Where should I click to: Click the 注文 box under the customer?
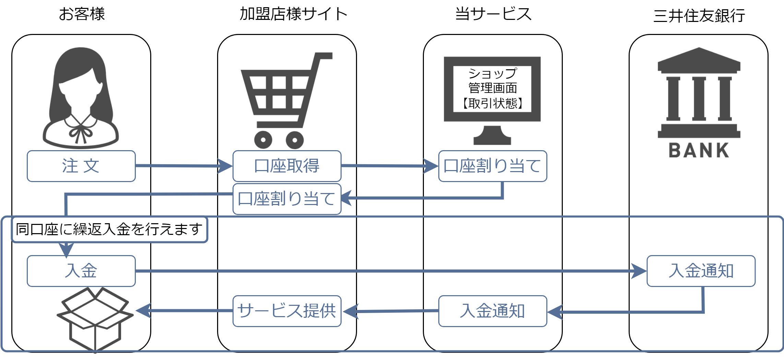click(81, 166)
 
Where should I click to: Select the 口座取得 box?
click(287, 166)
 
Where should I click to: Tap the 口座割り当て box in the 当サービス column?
click(492, 166)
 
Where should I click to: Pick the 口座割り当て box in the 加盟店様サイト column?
click(287, 199)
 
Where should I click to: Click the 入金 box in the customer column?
click(81, 271)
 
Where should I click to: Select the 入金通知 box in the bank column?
click(701, 271)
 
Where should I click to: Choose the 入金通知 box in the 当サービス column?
click(492, 311)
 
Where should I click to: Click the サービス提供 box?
click(287, 311)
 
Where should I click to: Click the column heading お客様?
click(82, 14)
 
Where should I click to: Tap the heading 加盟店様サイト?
click(294, 14)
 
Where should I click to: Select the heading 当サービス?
click(493, 14)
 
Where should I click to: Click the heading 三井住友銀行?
click(699, 16)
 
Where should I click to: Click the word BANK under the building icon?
click(699, 150)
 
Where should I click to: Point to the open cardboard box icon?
click(95, 319)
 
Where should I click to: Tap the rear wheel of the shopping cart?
click(263, 140)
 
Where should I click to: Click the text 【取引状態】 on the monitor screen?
click(492, 103)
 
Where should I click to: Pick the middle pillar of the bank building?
click(699, 99)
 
